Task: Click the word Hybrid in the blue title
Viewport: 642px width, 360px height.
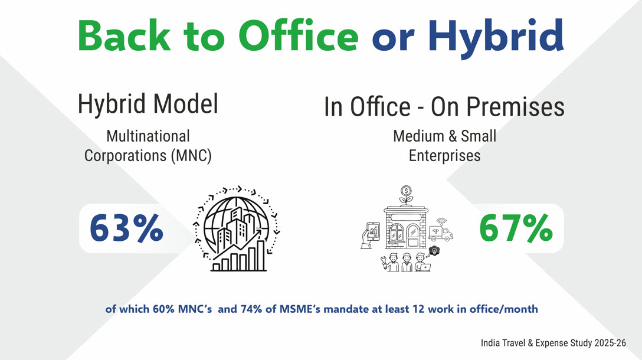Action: pos(496,37)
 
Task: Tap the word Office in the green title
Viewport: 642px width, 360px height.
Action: pos(298,35)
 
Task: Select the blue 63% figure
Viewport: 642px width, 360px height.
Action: pos(126,228)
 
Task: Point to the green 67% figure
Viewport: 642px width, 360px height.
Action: pos(516,228)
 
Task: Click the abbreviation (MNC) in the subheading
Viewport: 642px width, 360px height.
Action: pos(191,156)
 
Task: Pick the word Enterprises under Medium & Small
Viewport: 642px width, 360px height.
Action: pos(445,156)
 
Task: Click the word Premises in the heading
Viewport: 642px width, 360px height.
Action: pos(515,107)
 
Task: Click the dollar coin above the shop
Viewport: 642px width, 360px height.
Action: pos(406,191)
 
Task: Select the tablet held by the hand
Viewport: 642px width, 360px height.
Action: pos(374,232)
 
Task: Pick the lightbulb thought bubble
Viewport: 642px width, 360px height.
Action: pos(434,251)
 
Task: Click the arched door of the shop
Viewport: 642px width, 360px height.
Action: pos(413,235)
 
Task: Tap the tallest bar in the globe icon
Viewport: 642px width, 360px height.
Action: pos(261,256)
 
